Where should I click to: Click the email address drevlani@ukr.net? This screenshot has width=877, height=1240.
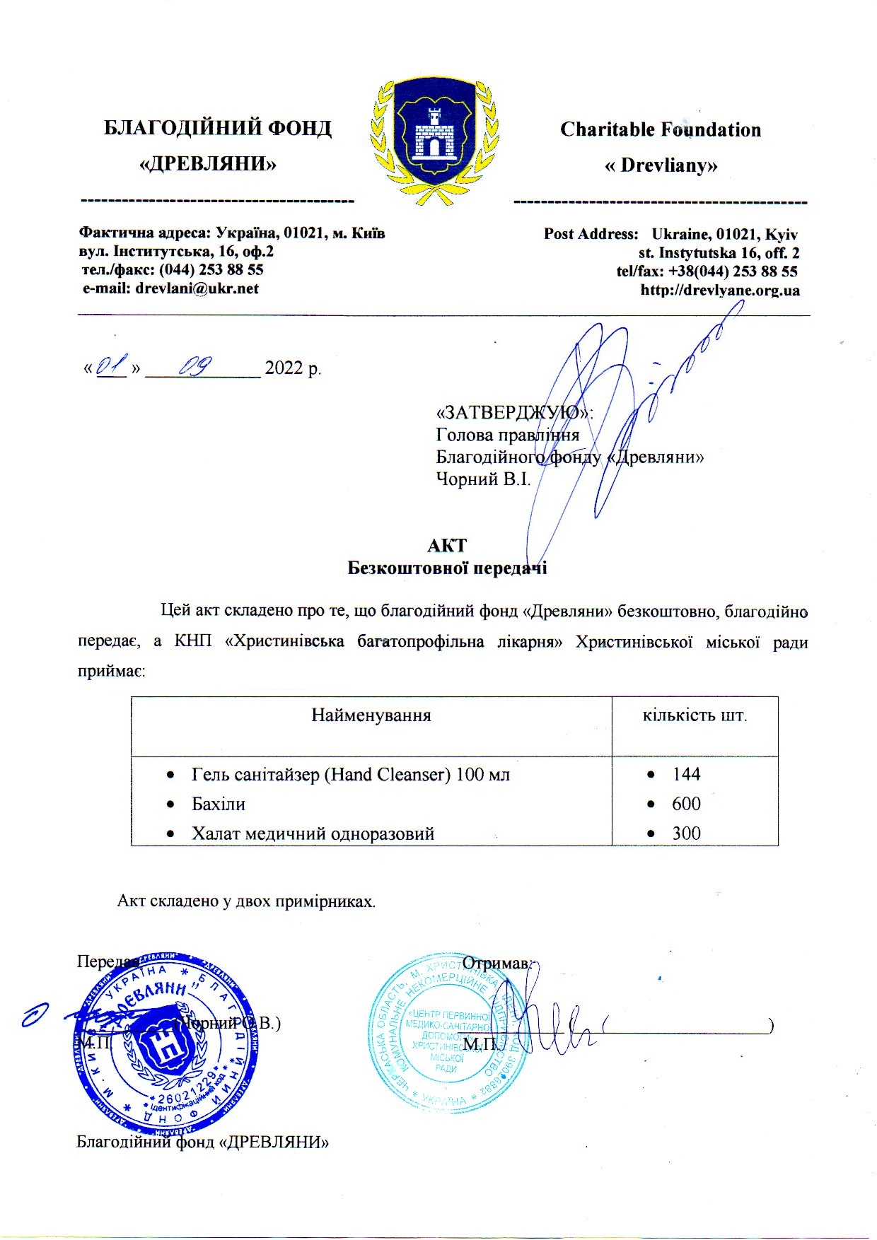click(x=170, y=288)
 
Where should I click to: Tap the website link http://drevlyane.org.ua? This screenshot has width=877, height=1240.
click(x=720, y=290)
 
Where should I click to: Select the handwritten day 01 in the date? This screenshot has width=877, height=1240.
click(x=111, y=366)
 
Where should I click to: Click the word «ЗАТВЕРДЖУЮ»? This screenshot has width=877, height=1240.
click(x=514, y=412)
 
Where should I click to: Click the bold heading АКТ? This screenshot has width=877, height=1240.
click(x=447, y=546)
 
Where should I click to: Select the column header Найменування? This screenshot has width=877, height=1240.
click(x=371, y=715)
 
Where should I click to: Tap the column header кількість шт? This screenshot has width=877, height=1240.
click(x=695, y=715)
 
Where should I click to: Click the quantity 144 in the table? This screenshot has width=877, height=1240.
click(x=686, y=774)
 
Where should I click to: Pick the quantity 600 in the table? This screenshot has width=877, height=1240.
click(x=686, y=804)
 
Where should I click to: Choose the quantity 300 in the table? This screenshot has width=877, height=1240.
click(x=686, y=834)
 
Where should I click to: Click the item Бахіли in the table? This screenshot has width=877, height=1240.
click(x=219, y=804)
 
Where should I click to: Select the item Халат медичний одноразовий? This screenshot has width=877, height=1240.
click(x=313, y=834)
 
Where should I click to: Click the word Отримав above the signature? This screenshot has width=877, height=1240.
click(x=498, y=963)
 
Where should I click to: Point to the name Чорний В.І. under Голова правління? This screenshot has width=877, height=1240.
click(x=483, y=479)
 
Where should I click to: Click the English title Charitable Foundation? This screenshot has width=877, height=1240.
click(x=661, y=130)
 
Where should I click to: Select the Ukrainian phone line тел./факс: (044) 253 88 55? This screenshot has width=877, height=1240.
click(x=173, y=270)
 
